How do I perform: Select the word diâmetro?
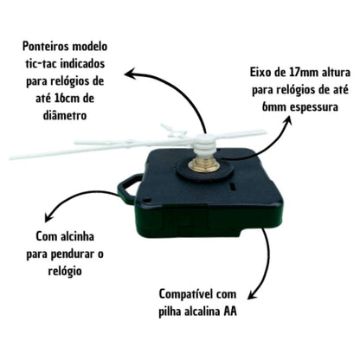click(65, 115)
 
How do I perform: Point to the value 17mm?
click(302, 72)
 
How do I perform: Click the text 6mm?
click(273, 107)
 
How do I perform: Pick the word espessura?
click(313, 107)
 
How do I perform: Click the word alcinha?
click(78, 236)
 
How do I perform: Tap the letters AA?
click(230, 312)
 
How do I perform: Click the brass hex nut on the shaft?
click(202, 165)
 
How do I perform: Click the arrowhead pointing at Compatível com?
click(253, 294)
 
